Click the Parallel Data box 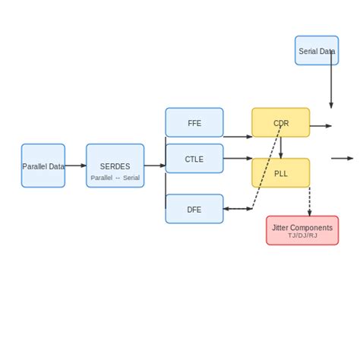point(43,166)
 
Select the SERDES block point(115,166)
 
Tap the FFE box point(194,122)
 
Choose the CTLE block point(194,159)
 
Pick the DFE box point(194,209)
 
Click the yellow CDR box point(281,122)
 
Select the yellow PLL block point(281,172)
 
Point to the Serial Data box point(317,50)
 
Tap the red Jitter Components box point(302,230)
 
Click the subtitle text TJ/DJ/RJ point(302,236)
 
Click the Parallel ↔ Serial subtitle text point(115,178)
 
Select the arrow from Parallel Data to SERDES point(75,166)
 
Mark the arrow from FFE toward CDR point(238,137)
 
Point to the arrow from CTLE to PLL point(238,159)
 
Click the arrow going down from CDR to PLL point(281,147)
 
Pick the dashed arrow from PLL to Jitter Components point(310,201)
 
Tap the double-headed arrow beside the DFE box point(238,209)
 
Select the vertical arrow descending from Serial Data point(331,84)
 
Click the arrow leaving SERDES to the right point(154,166)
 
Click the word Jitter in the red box point(282,227)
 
